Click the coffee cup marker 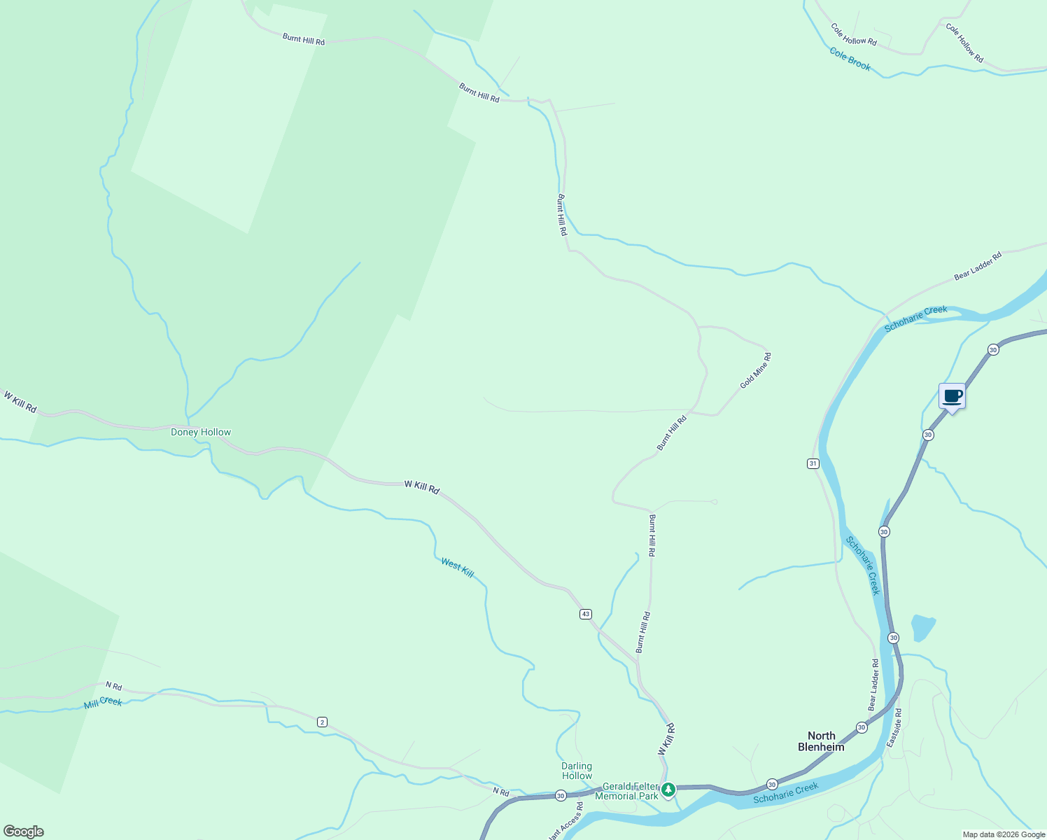click(952, 397)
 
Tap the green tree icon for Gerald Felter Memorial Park click(668, 790)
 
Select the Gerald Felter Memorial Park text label click(627, 791)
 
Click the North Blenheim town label click(821, 741)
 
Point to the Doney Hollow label click(201, 432)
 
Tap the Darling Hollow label click(577, 771)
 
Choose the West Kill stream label click(457, 568)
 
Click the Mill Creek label click(103, 702)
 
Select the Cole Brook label click(850, 59)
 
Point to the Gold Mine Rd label click(756, 371)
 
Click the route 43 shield click(586, 614)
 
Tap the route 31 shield click(813, 463)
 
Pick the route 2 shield click(322, 722)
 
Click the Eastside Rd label click(894, 727)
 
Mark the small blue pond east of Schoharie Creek click(922, 627)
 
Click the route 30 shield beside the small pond click(894, 638)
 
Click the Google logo click(23, 832)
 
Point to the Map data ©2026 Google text click(1004, 834)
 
